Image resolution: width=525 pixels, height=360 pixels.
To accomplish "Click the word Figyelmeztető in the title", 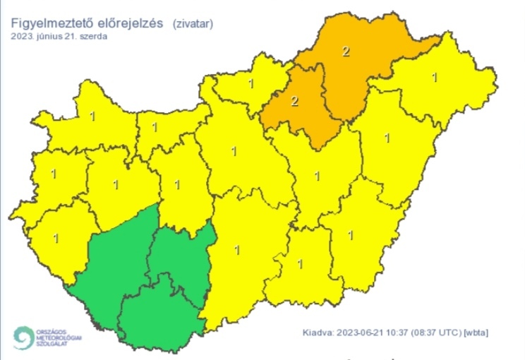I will point(53,23).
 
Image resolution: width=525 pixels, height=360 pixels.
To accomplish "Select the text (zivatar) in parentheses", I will point(193,23).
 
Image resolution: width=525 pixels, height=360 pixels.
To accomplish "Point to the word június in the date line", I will point(59,36).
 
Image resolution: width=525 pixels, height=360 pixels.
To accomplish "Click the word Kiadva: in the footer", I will point(317,332).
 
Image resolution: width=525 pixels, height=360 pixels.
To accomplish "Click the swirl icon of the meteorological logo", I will point(23,337).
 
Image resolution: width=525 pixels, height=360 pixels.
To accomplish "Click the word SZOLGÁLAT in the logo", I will point(52,344).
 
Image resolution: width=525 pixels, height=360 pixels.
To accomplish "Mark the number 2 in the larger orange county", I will point(346,51).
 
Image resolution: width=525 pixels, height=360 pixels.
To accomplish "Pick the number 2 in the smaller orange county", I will point(294,101).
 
